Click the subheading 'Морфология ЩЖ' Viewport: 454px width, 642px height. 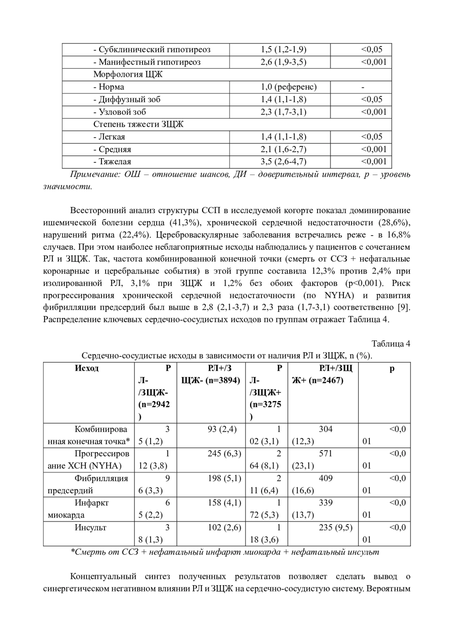click(128, 75)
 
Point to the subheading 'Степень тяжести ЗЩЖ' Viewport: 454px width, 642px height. click(138, 124)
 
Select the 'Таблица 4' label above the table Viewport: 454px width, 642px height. click(391, 344)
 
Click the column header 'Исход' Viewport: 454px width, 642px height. click(87, 368)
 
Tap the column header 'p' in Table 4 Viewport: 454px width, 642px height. click(392, 368)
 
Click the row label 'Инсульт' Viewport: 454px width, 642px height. click(91, 527)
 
